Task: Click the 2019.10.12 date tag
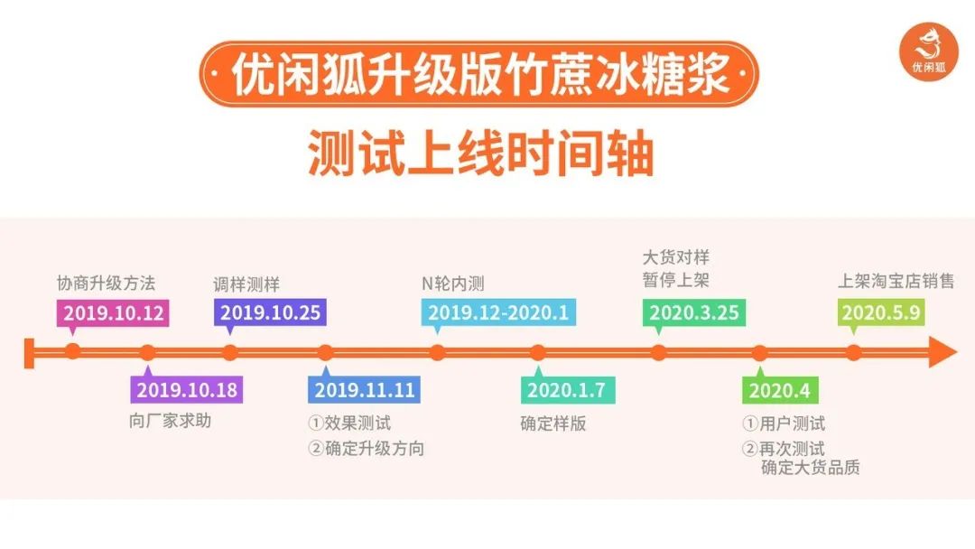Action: tap(113, 312)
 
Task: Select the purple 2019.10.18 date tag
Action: tap(187, 390)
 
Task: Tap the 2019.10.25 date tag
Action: tap(270, 312)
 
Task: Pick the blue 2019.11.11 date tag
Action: tap(364, 390)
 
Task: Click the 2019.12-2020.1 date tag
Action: tap(498, 312)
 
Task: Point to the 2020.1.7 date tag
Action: tap(568, 390)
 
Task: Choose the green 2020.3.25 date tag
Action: tap(694, 312)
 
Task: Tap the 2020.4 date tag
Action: tap(780, 390)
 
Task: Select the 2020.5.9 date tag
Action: tap(881, 312)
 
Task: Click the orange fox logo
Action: tap(929, 51)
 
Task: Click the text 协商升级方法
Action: tap(106, 284)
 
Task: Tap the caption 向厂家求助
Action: tap(171, 421)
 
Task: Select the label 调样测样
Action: tap(246, 284)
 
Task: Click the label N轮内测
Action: tap(452, 284)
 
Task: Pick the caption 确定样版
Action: tap(552, 423)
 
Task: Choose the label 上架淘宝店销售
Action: tap(896, 281)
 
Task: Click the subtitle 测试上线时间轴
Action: tap(480, 153)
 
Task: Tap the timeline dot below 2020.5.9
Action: tap(854, 352)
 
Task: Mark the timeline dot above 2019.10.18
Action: tap(147, 352)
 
